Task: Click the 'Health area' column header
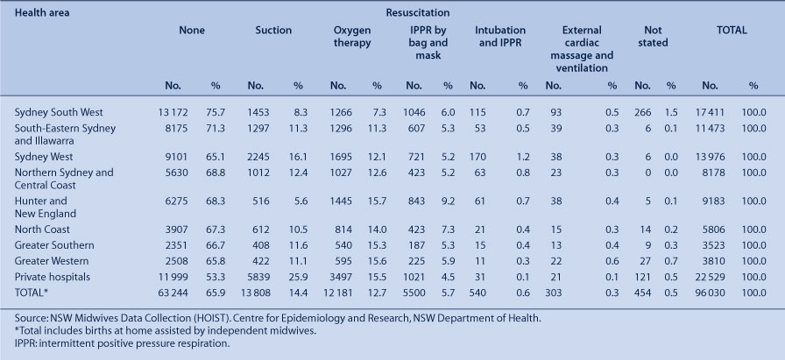[x=42, y=13]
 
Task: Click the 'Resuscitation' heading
[x=418, y=13]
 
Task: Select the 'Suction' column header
[x=273, y=31]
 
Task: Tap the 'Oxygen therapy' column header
[x=352, y=37]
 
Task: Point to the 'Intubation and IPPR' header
[x=500, y=37]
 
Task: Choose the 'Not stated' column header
[x=653, y=37]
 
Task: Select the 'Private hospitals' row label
[x=52, y=277]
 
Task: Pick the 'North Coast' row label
[x=42, y=229]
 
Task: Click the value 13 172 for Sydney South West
[x=173, y=113]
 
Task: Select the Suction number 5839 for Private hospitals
[x=258, y=277]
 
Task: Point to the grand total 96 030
[x=709, y=293]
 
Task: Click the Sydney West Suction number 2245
[x=258, y=157]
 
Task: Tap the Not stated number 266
[x=643, y=113]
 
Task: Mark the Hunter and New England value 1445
[x=341, y=201]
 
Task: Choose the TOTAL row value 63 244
[x=173, y=293]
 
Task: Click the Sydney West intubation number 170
[x=477, y=157]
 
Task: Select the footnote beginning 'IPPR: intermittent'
[x=122, y=344]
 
